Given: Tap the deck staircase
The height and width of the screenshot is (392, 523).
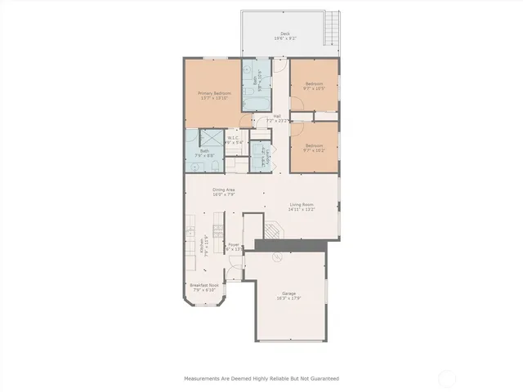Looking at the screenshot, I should pos(330,32).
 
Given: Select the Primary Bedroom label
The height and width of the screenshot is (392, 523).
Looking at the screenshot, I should pos(214,96).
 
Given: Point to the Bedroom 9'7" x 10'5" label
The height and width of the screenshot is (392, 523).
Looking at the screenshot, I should pos(315,87).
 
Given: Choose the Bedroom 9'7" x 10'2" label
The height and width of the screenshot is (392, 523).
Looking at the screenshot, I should pos(315,149).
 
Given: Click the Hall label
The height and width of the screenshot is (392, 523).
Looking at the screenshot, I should pos(278,118).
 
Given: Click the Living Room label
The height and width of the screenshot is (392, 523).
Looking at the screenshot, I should pos(302,207).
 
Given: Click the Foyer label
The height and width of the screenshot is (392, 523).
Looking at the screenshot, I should pos(235,247).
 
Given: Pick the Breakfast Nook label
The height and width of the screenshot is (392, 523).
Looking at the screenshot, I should pos(203,287).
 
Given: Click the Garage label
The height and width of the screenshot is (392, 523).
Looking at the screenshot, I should pos(289,296).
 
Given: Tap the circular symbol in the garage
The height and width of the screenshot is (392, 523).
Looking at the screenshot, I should pos(276,256).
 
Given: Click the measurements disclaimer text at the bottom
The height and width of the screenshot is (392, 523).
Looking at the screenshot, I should pos(261,378).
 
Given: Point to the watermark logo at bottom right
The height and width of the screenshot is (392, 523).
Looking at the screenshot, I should pos(447,377).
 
